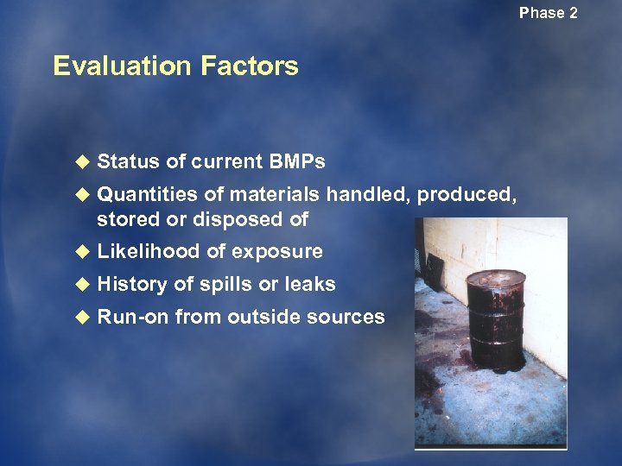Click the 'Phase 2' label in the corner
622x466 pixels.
(548, 13)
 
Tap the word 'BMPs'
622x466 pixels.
(297, 161)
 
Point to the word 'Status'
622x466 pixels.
(126, 161)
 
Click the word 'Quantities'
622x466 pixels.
(147, 195)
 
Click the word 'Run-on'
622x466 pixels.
(132, 317)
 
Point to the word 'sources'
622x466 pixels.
(349, 317)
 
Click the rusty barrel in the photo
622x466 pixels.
(496, 324)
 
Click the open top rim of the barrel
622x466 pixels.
(496, 279)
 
